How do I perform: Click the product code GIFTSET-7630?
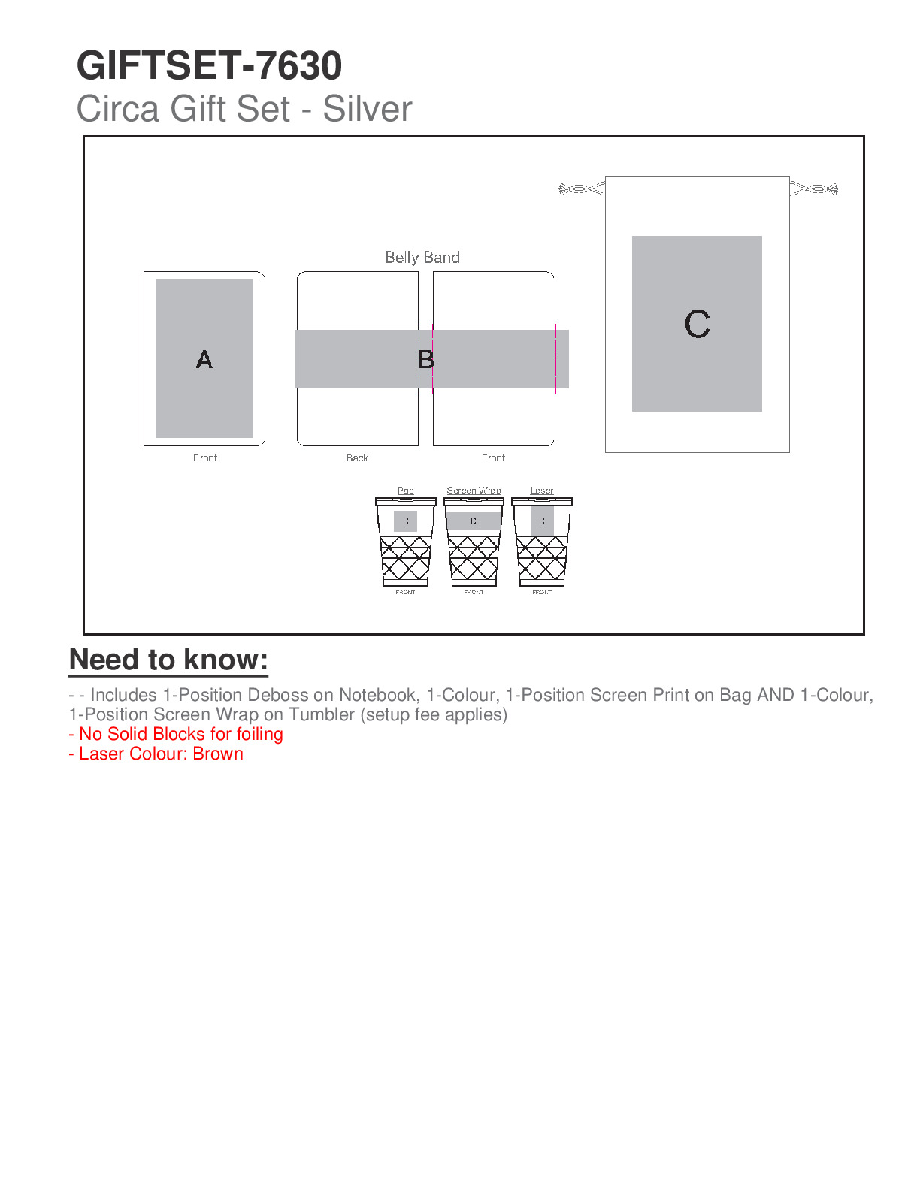[209, 66]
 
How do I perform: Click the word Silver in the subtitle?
[368, 109]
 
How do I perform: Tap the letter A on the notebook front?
[204, 360]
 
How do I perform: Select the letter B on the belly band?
[426, 360]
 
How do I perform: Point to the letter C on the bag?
[697, 324]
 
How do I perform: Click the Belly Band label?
[422, 258]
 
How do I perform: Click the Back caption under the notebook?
[357, 458]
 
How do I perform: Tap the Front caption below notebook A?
[205, 458]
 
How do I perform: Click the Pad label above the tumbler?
[405, 491]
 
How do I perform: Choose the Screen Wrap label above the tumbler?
[474, 491]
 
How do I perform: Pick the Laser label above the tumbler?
[542, 491]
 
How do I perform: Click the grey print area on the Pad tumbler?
[405, 521]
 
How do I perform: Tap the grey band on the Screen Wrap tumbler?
[474, 521]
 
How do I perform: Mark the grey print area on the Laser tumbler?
[542, 521]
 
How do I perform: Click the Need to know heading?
[168, 660]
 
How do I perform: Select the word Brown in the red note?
[218, 754]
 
